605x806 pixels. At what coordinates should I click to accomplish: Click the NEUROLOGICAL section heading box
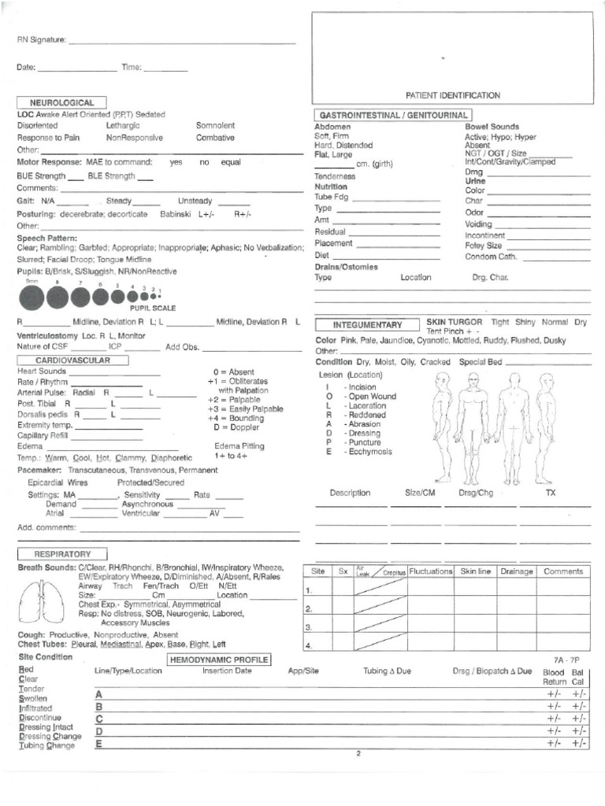click(x=61, y=102)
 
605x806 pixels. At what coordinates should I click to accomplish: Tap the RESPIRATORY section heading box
click(x=62, y=554)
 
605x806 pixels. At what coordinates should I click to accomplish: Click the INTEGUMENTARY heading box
click(x=367, y=324)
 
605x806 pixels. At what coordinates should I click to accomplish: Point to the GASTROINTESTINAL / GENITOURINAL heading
click(x=393, y=115)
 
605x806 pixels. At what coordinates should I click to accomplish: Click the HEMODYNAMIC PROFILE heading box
click(x=219, y=660)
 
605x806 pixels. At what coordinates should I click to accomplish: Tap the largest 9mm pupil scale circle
click(x=32, y=298)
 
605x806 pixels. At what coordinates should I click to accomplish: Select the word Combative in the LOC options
click(x=215, y=138)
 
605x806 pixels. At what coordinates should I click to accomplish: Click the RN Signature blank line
click(x=181, y=40)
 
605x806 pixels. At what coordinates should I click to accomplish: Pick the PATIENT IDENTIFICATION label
click(x=452, y=95)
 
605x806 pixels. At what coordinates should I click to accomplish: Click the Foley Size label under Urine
click(x=483, y=246)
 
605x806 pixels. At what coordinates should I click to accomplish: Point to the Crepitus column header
click(x=394, y=574)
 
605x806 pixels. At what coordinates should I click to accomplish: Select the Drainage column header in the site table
click(x=517, y=571)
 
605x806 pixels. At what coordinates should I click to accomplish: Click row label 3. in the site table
click(x=310, y=627)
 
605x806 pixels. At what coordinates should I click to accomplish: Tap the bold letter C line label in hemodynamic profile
click(x=99, y=719)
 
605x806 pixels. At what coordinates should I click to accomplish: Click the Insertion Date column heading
click(x=227, y=671)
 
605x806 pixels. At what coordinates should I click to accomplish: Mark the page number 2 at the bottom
click(x=358, y=753)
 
